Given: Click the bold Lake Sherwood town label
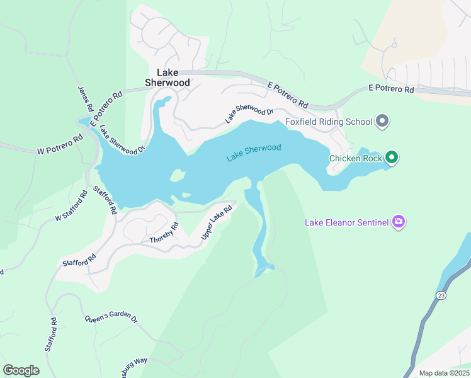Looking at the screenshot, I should coord(167,77).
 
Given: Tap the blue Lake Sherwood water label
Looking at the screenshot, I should coord(254,152).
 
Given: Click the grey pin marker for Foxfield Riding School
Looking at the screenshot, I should coord(381,121).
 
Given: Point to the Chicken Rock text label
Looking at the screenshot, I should coord(355,158).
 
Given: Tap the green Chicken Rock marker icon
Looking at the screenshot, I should coord(392,157).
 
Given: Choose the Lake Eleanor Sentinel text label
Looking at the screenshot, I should coord(346,222).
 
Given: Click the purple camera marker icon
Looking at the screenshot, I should coord(398,222).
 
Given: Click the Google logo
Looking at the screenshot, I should coord(21,370).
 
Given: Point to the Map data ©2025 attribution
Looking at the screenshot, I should coord(444,373).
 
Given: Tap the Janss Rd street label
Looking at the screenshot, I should coord(85,100).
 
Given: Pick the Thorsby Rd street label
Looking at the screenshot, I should coord(164,233).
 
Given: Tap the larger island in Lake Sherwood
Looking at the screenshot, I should coord(178,176).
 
